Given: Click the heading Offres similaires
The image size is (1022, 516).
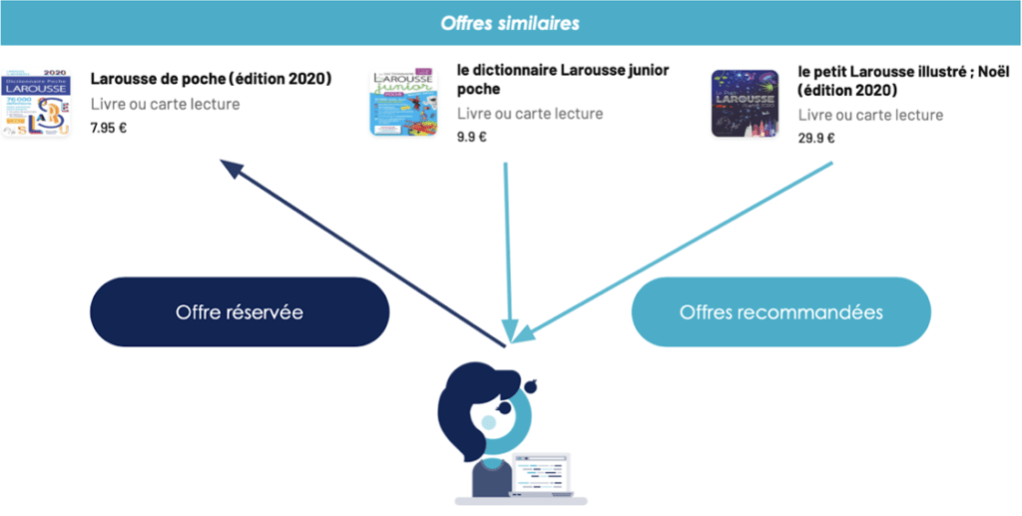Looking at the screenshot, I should (510, 22).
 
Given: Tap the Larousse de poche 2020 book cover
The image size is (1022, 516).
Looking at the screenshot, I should (35, 103).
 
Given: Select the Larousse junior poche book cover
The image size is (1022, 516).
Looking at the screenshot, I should (403, 102).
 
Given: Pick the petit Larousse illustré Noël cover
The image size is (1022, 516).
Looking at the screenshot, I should (745, 104).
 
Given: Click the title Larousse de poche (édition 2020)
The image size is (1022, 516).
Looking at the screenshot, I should (211, 79).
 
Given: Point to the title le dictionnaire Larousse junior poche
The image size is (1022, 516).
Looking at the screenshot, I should (563, 80).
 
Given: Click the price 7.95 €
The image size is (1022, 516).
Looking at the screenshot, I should (109, 128).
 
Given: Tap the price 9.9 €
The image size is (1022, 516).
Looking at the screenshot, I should (472, 137).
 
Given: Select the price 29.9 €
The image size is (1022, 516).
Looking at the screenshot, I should (816, 139).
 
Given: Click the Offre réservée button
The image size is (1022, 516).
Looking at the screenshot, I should (239, 312).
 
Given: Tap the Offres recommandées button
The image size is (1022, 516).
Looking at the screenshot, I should (780, 312).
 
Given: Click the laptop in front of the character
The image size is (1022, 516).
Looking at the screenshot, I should (542, 473).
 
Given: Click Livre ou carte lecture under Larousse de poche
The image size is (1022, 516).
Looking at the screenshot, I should (165, 104).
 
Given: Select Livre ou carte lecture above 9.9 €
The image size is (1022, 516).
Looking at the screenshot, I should (530, 114).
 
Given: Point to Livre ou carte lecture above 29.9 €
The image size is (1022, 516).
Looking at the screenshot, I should (870, 115).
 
